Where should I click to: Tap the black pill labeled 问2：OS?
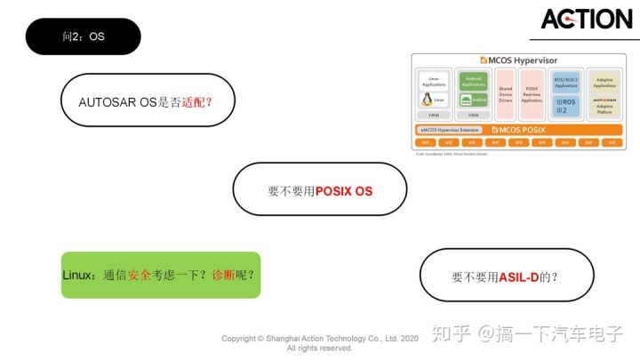pyautogui.click(x=84, y=36)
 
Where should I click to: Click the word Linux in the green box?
pyautogui.click(x=78, y=275)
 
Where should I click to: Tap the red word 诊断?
pyautogui.click(x=222, y=275)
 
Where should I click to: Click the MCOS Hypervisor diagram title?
pyautogui.click(x=519, y=60)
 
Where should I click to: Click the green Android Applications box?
pyautogui.click(x=473, y=81)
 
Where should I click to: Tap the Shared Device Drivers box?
pyautogui.click(x=506, y=95)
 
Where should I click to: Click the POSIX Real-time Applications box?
pyautogui.click(x=532, y=95)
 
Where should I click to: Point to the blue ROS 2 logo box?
pyautogui.click(x=565, y=105)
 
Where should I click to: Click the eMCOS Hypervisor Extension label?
pyautogui.click(x=450, y=130)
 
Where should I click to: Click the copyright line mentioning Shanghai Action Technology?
pyautogui.click(x=320, y=339)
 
